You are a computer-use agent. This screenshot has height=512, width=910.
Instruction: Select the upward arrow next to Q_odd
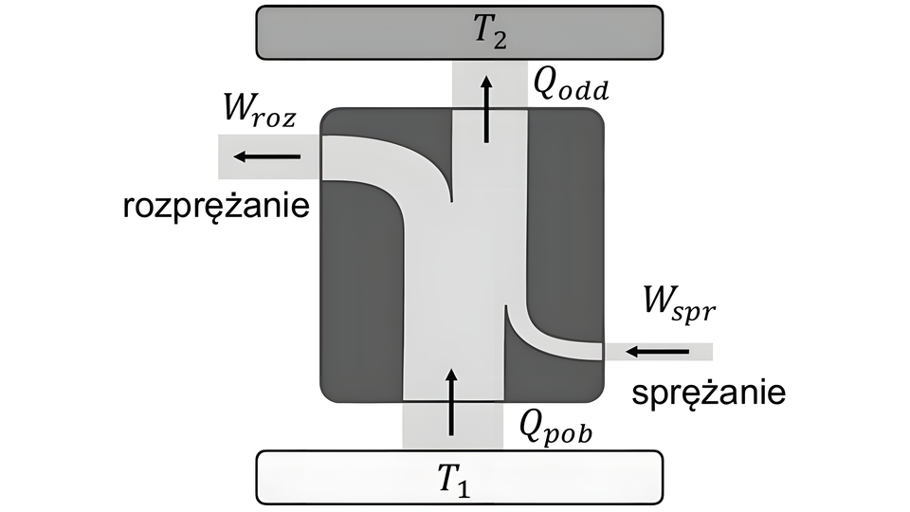pos(487,109)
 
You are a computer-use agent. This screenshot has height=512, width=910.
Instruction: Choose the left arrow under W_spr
pos(657,352)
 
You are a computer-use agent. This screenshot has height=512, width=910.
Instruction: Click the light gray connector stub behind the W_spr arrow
pos(701,353)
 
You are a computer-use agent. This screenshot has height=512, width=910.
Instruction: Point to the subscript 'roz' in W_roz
pos(277,122)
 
